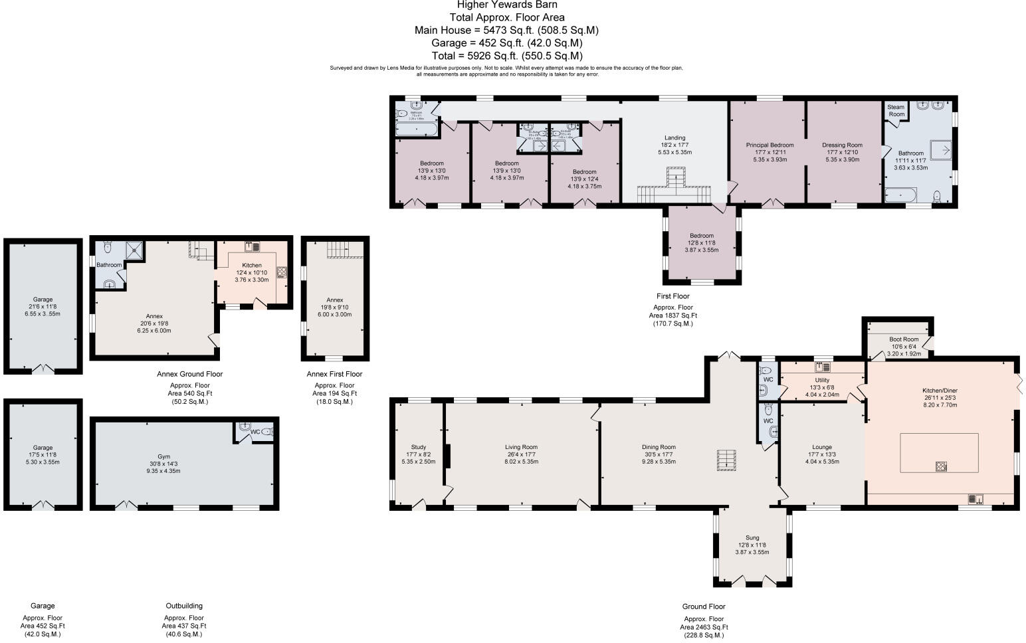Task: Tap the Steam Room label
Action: pos(896,110)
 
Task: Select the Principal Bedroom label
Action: pos(769,145)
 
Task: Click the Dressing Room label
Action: pos(842,145)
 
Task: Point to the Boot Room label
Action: pos(903,339)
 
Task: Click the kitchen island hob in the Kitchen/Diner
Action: pos(942,466)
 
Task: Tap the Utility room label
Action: pos(822,380)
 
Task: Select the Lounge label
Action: pos(822,447)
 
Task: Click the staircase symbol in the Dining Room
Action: pos(726,460)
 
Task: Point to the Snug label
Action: pos(752,537)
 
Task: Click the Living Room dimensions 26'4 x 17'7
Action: pos(521,454)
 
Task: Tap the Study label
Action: pos(418,447)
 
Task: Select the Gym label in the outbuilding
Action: pos(163,456)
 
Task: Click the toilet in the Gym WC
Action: pos(267,432)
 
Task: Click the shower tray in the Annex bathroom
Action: pos(136,250)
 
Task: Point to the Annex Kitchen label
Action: pos(252,265)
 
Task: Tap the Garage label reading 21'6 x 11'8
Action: pos(43,306)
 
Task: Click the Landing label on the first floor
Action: pos(674,138)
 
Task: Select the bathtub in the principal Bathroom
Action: pos(900,195)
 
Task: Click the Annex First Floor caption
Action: pos(334,374)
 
